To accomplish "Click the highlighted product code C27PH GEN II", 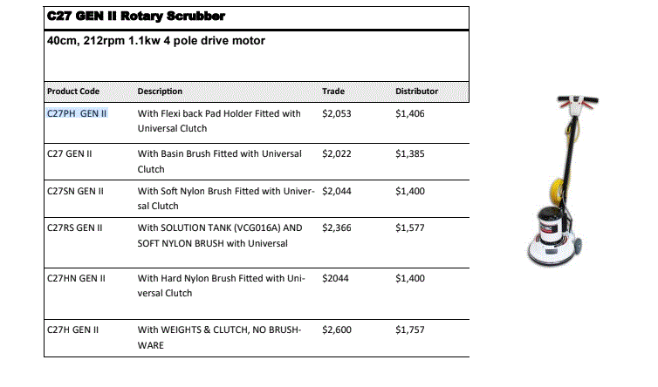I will click(77, 113).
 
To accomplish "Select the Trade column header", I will click(333, 91).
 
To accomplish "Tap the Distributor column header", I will click(416, 91).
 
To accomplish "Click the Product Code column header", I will click(73, 91).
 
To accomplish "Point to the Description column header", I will click(160, 91).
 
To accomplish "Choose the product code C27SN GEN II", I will click(76, 190).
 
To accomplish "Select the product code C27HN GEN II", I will click(76, 278).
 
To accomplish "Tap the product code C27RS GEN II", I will click(75, 227).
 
